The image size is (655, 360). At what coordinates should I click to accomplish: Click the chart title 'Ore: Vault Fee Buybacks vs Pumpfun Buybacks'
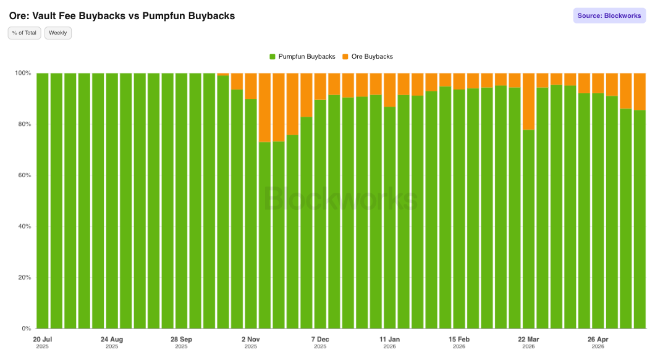[122, 16]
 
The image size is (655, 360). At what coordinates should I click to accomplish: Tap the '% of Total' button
[24, 33]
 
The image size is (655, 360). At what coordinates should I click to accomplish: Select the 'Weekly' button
[57, 33]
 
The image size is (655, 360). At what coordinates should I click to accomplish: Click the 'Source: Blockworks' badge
[609, 16]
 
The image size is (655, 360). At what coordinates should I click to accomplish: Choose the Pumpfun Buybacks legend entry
[302, 56]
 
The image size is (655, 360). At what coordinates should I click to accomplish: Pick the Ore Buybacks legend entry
[368, 56]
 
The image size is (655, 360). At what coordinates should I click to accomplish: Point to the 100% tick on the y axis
[23, 73]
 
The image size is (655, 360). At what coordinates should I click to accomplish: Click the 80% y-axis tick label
[24, 124]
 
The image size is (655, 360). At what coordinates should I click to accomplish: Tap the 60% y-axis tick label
[24, 175]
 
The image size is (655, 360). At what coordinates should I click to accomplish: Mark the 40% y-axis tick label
[24, 227]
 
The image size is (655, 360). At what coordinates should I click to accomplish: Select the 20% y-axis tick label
[24, 277]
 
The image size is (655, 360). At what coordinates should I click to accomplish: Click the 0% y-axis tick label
[27, 329]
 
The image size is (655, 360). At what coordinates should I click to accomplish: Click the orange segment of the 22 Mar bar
[528, 101]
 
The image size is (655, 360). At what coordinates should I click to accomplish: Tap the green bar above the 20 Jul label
[43, 201]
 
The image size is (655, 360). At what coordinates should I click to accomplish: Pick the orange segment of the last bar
[640, 91]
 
